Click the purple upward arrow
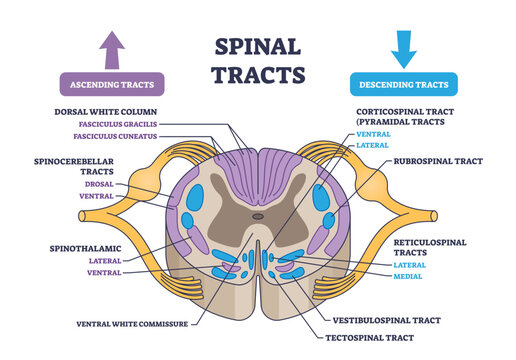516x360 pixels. coord(111,46)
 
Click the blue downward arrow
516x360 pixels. coord(402,46)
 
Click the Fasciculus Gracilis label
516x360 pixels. coord(116,123)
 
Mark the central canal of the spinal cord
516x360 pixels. coord(258,215)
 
